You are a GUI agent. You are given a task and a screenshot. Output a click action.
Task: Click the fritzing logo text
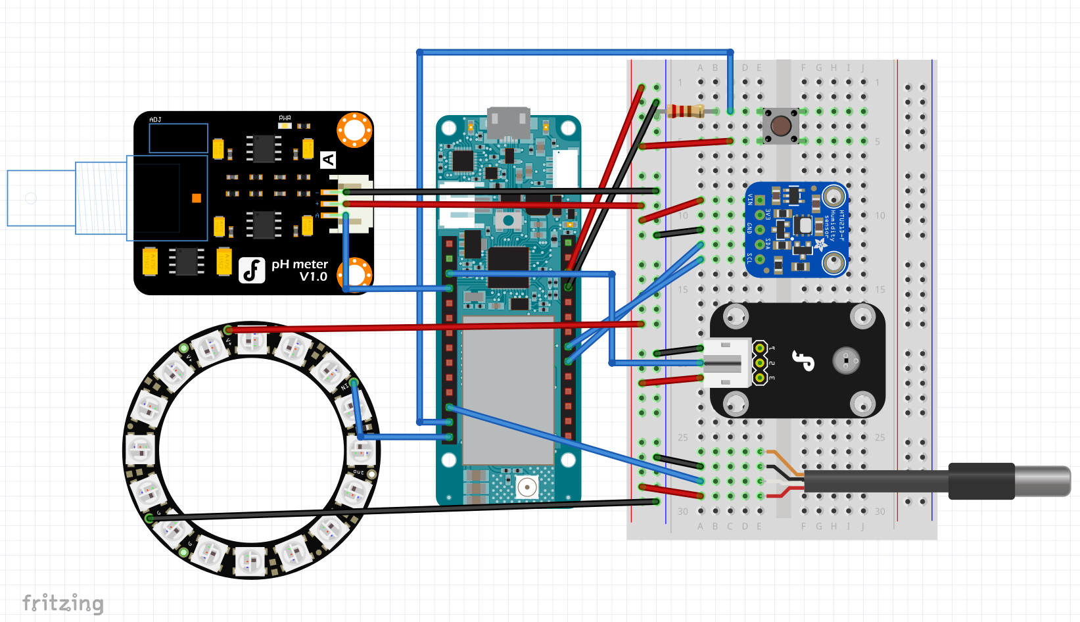pyautogui.click(x=63, y=603)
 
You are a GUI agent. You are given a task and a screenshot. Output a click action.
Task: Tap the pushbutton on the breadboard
pyautogui.click(x=780, y=126)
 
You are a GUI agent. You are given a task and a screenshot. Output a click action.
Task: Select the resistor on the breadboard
pyautogui.click(x=685, y=111)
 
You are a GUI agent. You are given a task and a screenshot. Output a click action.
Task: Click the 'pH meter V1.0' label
pyautogui.click(x=300, y=270)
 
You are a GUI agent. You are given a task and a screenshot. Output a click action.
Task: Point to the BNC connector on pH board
pyautogui.click(x=66, y=198)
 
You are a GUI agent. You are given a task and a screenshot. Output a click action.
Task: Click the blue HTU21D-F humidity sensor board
pyautogui.click(x=796, y=229)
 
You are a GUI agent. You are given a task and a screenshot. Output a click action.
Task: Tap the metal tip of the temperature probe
pyautogui.click(x=1043, y=481)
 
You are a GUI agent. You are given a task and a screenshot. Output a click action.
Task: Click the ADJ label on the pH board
pyautogui.click(x=155, y=120)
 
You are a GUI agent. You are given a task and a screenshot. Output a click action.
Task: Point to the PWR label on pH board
pyautogui.click(x=285, y=118)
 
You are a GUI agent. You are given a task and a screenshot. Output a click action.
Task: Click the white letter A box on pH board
pyautogui.click(x=328, y=159)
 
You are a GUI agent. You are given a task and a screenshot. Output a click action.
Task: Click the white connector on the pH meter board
pyautogui.click(x=352, y=203)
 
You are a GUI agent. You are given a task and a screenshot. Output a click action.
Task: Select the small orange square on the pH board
pyautogui.click(x=196, y=198)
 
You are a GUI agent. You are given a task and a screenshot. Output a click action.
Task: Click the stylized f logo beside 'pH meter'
pyautogui.click(x=252, y=270)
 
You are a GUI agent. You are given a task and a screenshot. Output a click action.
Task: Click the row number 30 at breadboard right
pyautogui.click(x=880, y=511)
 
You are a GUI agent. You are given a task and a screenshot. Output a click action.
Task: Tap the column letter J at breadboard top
pyautogui.click(x=862, y=68)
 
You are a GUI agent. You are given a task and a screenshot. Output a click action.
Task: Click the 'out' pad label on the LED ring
pyautogui.click(x=359, y=471)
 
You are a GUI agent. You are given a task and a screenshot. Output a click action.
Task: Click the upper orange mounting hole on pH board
pyautogui.click(x=354, y=130)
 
